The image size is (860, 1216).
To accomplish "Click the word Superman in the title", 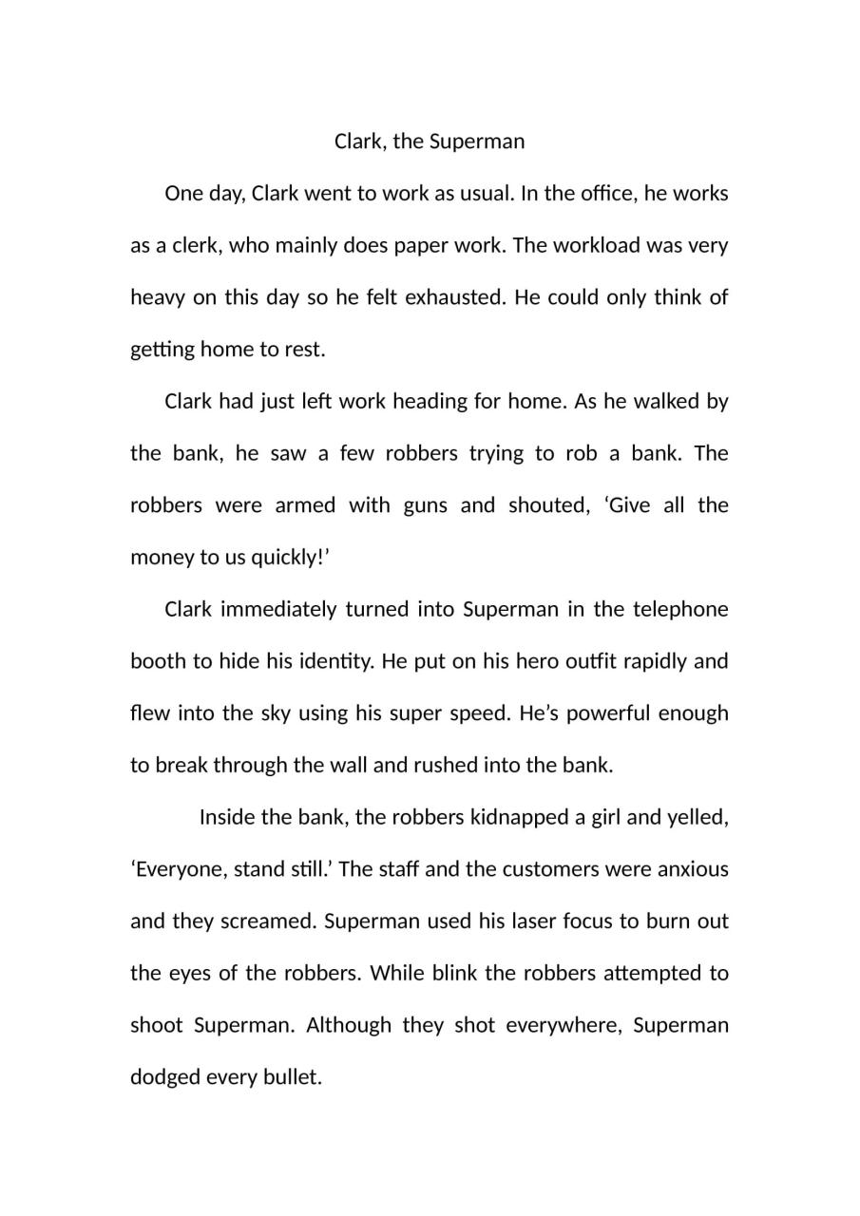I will (477, 142).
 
